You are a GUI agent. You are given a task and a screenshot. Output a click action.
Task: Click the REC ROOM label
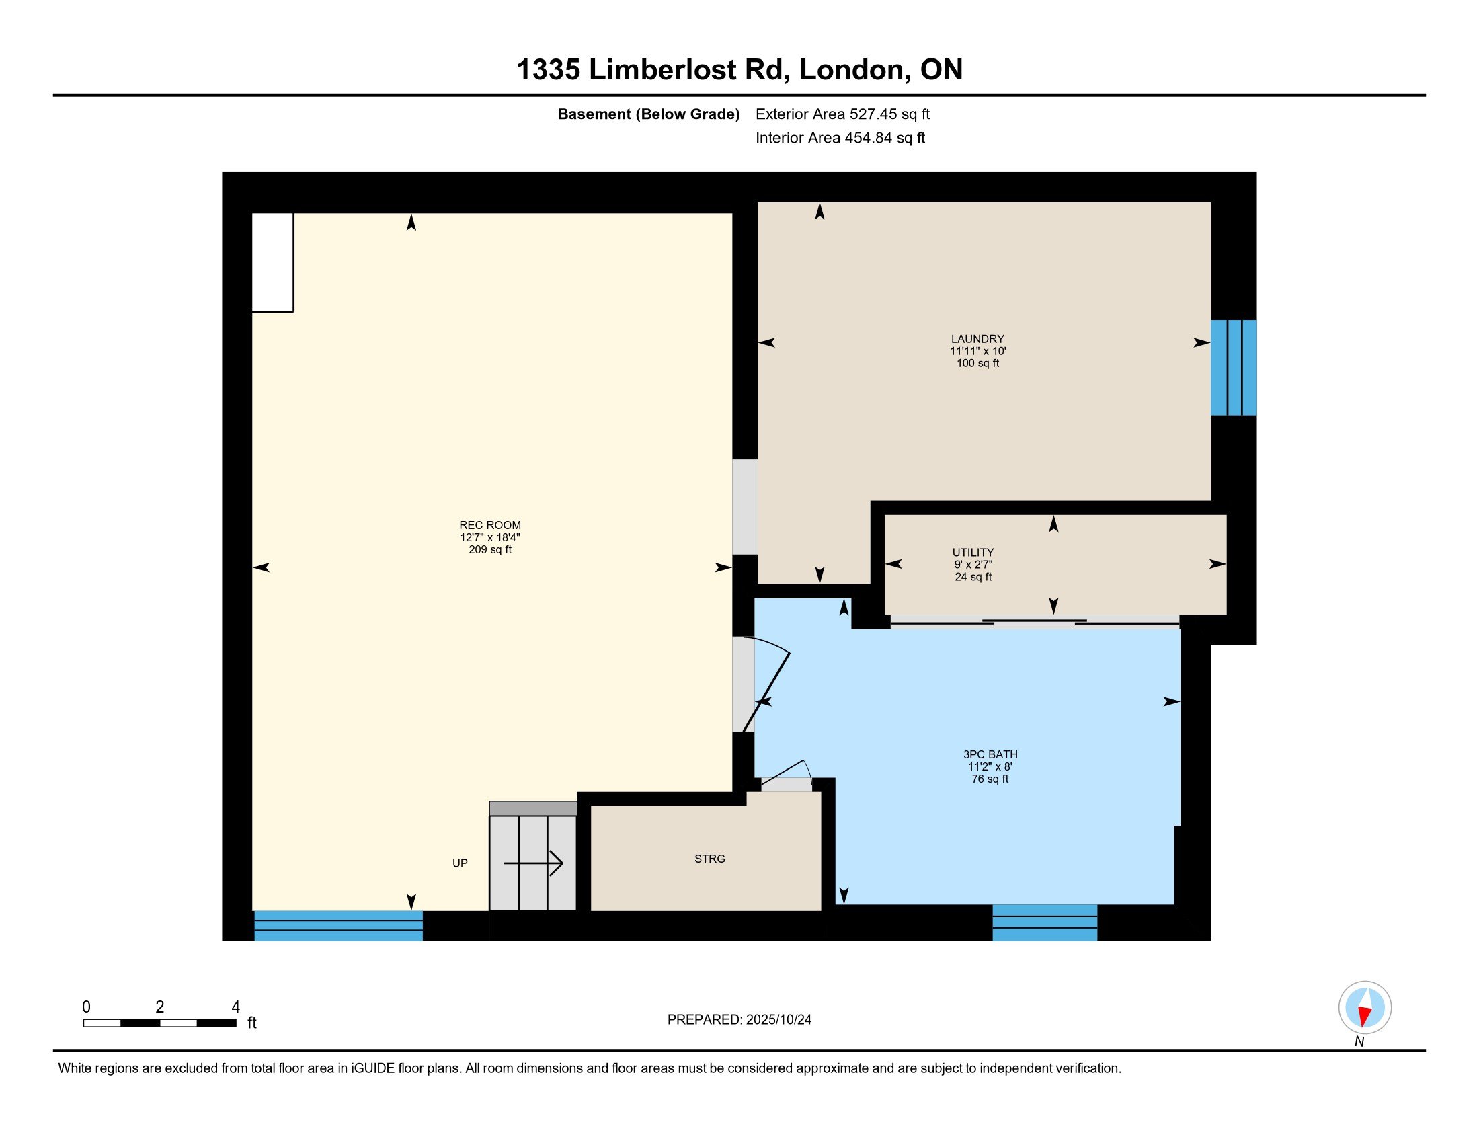coord(489,525)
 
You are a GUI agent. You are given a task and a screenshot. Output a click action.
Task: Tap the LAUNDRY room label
coord(977,339)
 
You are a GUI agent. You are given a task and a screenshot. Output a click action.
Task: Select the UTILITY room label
coord(973,552)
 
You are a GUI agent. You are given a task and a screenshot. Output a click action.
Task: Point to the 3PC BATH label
coord(990,754)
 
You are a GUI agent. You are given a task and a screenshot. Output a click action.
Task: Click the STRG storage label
coord(709,859)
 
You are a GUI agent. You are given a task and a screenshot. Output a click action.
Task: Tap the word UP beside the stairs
coord(460,863)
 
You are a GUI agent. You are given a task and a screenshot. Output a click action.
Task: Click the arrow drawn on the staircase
coord(534,863)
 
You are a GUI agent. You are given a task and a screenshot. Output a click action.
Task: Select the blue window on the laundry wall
coord(1233,367)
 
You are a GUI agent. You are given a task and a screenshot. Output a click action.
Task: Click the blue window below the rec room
coord(338,926)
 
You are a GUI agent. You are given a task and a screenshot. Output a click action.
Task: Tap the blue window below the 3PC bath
coord(1044,922)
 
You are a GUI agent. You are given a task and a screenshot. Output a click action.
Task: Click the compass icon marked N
coord(1365,1008)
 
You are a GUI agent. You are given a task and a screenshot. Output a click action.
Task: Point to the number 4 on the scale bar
coord(236,1007)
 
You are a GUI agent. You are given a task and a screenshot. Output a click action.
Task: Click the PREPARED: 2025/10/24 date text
coord(739,1020)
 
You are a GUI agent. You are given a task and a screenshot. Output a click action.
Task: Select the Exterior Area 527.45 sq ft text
coord(842,114)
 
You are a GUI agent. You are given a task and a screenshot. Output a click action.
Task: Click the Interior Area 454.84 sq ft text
coord(840,138)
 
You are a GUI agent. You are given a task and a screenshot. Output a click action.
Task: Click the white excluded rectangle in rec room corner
coord(272,262)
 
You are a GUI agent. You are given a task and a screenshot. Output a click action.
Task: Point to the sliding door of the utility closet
coord(1034,622)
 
